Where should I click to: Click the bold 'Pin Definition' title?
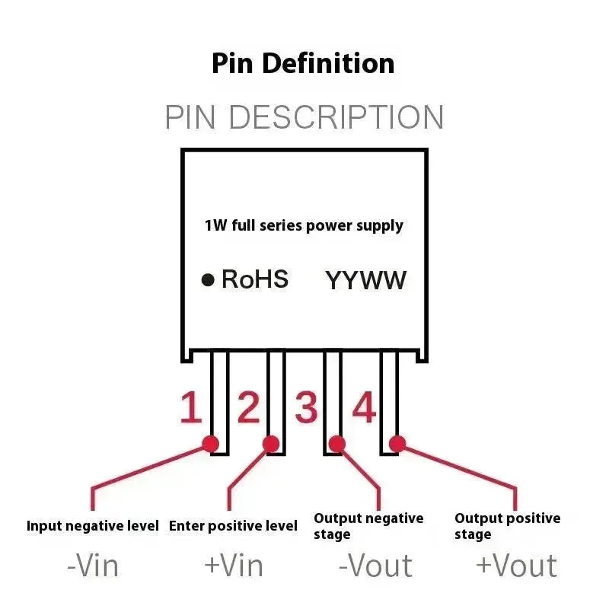(303, 63)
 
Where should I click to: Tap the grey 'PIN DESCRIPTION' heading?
(304, 118)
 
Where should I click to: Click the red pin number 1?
(190, 408)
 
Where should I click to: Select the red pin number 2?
(248, 408)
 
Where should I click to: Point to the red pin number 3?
(305, 408)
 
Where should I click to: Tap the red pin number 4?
(364, 408)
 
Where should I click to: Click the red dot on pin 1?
(210, 443)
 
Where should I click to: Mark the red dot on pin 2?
(270, 443)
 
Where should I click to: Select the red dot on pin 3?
(336, 443)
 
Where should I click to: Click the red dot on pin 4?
(397, 443)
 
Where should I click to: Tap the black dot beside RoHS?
(208, 280)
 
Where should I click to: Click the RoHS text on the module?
(254, 279)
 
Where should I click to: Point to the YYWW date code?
(366, 280)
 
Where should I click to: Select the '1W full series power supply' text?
(304, 225)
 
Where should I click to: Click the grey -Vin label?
(93, 566)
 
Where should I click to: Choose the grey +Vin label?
(234, 566)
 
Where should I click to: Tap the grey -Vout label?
(375, 566)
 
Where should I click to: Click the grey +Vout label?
(516, 566)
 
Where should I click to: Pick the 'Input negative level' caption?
(93, 525)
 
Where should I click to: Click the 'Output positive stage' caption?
(507, 526)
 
